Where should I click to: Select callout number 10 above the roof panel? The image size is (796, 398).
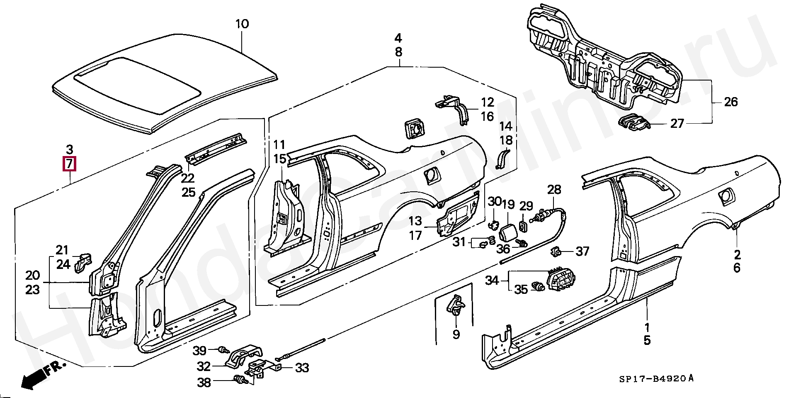point(242,24)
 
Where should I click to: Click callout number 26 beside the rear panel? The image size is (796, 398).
point(730,102)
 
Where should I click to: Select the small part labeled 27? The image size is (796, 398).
point(633,123)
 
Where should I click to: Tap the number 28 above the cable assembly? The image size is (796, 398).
point(554,190)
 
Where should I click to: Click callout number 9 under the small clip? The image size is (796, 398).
point(456,334)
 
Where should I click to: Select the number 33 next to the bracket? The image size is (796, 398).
point(302,368)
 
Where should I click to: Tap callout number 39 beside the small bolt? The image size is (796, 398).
point(200,351)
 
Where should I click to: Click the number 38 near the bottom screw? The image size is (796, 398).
point(204,382)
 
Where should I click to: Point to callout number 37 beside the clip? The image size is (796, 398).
point(582,251)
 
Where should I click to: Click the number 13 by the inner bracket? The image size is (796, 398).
point(415,221)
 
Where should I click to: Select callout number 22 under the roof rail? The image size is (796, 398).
point(188,178)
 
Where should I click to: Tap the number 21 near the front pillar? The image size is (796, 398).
point(62,250)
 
